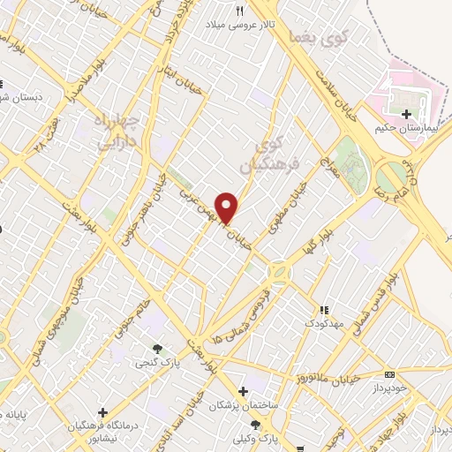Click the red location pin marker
[x=227, y=207]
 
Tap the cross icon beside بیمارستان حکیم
[x=405, y=114]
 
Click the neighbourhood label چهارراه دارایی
[x=117, y=130]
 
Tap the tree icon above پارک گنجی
[x=157, y=349]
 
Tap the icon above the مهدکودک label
[x=324, y=310]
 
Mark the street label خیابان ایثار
[x=168, y=76]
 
